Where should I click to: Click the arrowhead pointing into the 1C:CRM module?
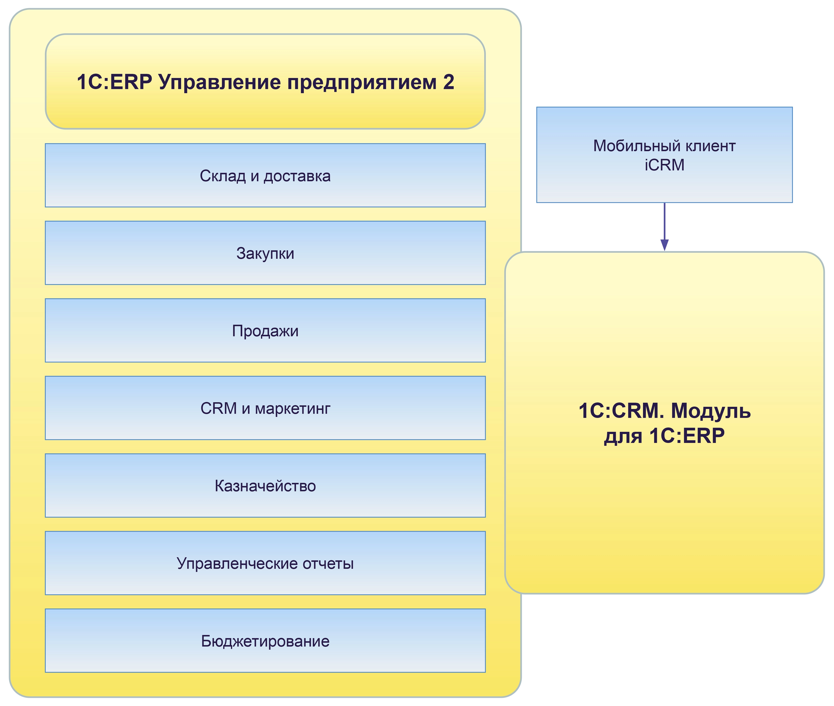[x=664, y=245]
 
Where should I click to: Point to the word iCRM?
[x=664, y=165]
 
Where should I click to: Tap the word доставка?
[x=297, y=176]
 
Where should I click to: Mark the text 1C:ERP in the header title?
[x=114, y=82]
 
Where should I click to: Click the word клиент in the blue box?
[x=710, y=146]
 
